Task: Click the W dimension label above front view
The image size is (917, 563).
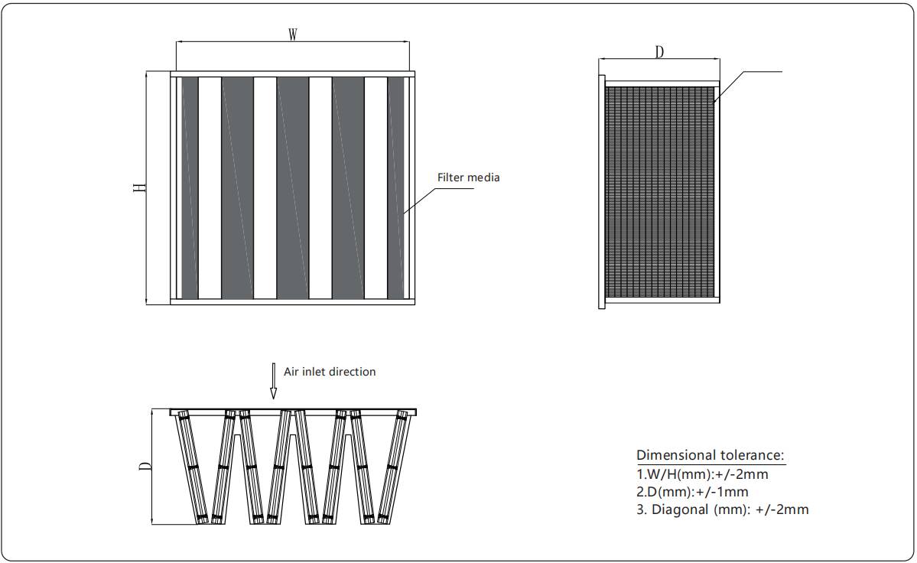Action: [x=292, y=34]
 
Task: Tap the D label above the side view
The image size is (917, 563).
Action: [x=659, y=51]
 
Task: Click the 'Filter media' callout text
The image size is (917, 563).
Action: [x=468, y=177]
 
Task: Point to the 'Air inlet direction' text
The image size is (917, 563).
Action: [x=330, y=372]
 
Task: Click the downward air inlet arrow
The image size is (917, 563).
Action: [x=273, y=382]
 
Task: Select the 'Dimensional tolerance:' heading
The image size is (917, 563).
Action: [x=711, y=455]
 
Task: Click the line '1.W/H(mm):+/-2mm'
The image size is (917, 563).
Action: [x=702, y=474]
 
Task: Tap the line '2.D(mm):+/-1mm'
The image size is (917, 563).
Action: [x=692, y=492]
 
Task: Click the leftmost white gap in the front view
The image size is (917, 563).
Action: [x=210, y=187]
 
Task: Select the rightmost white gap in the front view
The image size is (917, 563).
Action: [x=376, y=187]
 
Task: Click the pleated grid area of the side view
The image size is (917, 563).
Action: [x=659, y=191]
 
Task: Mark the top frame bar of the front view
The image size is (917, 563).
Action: [x=292, y=73]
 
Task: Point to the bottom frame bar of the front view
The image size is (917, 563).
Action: [x=292, y=301]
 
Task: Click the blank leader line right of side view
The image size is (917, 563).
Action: [x=753, y=72]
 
